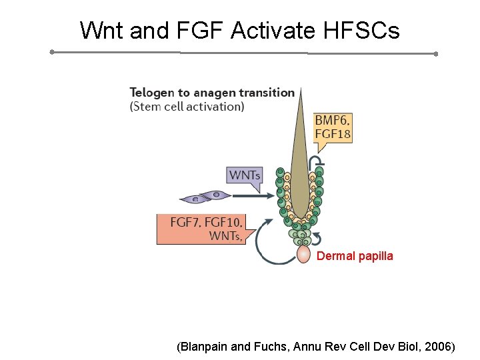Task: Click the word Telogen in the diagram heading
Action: (153, 93)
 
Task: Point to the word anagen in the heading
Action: (216, 93)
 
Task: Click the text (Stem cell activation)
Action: (187, 106)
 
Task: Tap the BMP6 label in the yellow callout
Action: (332, 121)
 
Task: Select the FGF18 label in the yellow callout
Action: (332, 134)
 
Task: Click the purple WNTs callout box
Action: (245, 175)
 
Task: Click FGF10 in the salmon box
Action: (223, 223)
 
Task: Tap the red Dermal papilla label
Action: (355, 256)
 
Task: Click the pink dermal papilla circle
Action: (303, 254)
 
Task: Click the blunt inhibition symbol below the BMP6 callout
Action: (320, 162)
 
